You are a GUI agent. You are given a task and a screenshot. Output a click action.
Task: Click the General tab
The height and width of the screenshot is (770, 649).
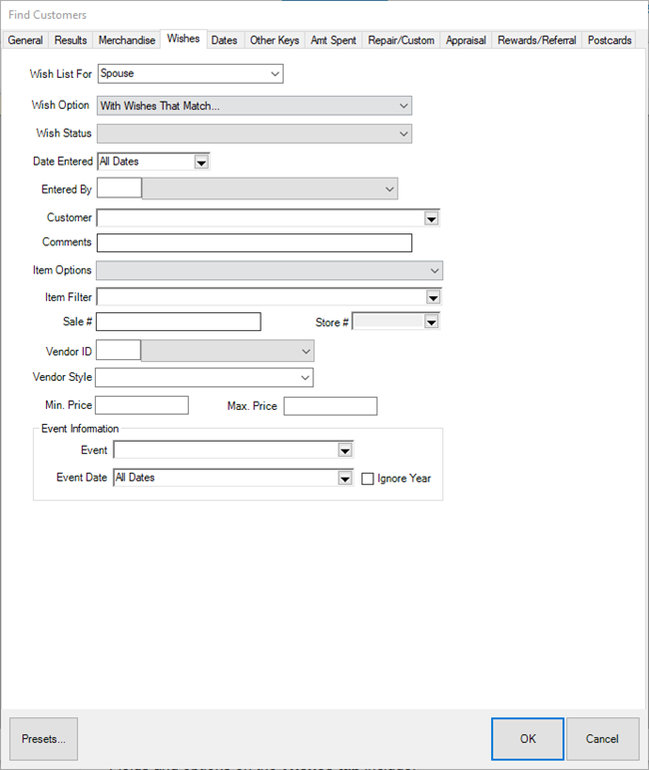tap(25, 40)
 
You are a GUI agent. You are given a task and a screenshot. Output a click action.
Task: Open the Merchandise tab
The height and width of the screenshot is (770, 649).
tap(127, 40)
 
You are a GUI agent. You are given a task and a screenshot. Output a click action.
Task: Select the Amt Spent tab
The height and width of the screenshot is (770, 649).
tap(333, 40)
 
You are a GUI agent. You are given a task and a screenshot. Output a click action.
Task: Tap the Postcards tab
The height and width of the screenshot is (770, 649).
tap(609, 40)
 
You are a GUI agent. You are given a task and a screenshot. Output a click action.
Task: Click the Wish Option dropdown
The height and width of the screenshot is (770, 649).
tap(254, 106)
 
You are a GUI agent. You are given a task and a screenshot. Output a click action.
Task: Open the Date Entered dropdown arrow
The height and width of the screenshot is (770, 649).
tap(201, 162)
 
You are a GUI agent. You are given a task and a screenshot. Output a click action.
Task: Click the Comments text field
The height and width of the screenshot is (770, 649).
tap(254, 242)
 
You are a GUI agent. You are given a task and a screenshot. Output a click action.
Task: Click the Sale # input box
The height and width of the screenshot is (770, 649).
tap(178, 321)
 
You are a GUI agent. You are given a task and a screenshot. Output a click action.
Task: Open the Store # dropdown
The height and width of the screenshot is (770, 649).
tap(431, 322)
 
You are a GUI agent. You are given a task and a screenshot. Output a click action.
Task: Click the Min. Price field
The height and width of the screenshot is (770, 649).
tap(142, 405)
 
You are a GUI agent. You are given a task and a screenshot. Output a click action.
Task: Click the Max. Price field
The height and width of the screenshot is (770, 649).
tap(330, 405)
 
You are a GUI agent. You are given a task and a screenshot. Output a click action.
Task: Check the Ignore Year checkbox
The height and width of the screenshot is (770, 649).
tap(367, 479)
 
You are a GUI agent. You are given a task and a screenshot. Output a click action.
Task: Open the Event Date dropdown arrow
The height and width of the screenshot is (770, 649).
tap(344, 479)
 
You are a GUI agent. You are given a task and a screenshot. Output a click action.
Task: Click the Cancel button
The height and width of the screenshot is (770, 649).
tap(602, 739)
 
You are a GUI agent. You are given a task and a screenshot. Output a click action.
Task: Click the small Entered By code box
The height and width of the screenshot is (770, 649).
tap(119, 189)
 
